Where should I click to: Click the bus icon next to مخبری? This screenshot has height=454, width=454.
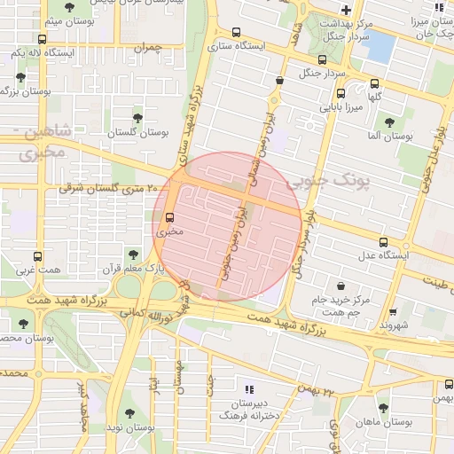pos(169,217)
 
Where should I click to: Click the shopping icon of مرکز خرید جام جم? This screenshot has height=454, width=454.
pos(341,286)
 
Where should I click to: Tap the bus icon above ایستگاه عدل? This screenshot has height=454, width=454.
pos(383,241)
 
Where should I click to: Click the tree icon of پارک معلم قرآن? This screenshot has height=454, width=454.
pos(133,254)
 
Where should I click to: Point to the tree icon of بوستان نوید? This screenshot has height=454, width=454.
pos(129,413)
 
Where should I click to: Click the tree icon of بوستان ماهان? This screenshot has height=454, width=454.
pos(382,408)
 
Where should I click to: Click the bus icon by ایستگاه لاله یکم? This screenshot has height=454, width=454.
pos(43,39)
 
